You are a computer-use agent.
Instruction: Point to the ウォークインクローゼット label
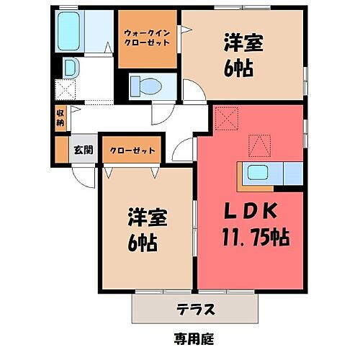tap(147, 38)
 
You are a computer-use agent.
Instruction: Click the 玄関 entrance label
tap(82, 150)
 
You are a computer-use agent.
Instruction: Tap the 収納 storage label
tap(61, 117)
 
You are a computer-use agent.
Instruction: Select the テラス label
tap(196, 310)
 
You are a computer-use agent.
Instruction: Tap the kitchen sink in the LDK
tap(256, 173)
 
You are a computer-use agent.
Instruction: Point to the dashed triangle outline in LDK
tap(258, 146)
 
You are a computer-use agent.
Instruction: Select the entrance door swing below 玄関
tap(84, 176)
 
